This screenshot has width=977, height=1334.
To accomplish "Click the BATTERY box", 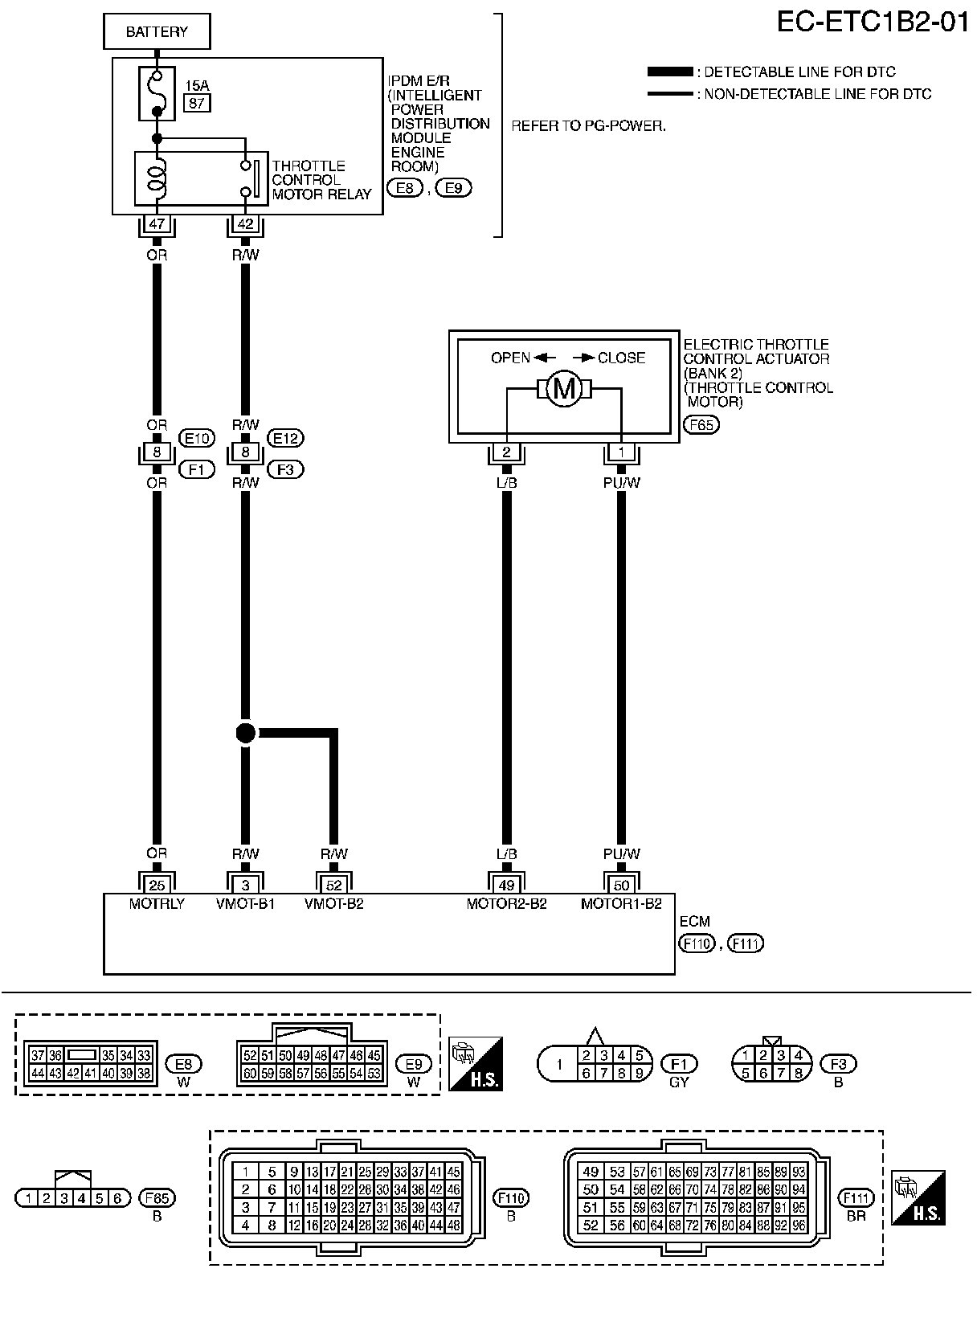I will point(157,32).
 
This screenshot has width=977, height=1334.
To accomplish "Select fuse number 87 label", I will point(197,103).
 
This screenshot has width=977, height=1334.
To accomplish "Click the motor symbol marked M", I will point(564,389).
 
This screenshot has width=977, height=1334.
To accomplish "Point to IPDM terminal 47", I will point(157,224).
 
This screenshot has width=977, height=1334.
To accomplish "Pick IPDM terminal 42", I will point(245,224).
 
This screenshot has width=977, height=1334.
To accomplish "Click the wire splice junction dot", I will point(246,733).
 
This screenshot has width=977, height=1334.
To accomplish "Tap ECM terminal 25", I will point(157,885).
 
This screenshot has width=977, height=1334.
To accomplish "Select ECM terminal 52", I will point(334,885).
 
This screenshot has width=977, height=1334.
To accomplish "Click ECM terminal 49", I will point(506,885).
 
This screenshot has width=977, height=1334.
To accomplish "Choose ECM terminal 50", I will point(621,885).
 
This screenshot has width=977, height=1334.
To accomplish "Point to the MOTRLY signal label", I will point(157,903).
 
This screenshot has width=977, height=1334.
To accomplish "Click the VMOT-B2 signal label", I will point(334,903).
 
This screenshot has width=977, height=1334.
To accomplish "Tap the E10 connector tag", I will point(197,438).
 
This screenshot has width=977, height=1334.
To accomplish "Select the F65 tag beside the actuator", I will point(701,425).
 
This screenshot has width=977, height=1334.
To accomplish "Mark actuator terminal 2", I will point(506,452).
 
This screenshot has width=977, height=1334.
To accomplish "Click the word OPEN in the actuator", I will point(511,358).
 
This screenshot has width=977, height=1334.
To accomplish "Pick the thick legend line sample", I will point(669,72).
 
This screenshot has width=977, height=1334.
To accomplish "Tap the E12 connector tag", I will point(285,438).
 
